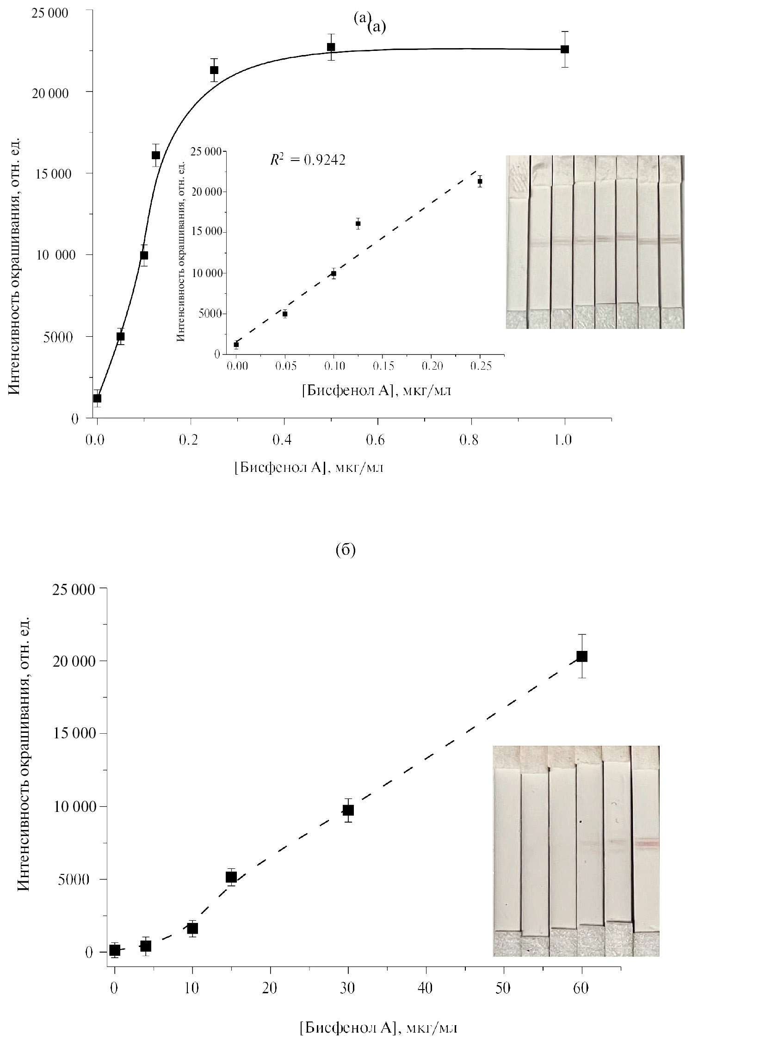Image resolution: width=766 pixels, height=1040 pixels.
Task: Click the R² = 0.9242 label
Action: [308, 160]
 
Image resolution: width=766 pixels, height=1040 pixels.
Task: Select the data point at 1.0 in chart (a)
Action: [564, 49]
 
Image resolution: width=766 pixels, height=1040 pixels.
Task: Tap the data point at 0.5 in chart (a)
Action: [331, 47]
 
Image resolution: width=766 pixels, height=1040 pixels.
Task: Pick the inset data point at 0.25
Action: [480, 181]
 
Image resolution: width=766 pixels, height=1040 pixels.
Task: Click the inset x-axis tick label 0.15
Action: [383, 366]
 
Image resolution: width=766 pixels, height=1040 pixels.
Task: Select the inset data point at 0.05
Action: [285, 314]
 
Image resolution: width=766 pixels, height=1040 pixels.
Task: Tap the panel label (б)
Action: [345, 550]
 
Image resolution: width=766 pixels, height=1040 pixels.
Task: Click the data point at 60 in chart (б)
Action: [582, 656]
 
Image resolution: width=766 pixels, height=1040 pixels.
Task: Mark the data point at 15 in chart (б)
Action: [231, 877]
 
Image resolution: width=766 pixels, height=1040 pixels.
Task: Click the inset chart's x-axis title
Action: [376, 391]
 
